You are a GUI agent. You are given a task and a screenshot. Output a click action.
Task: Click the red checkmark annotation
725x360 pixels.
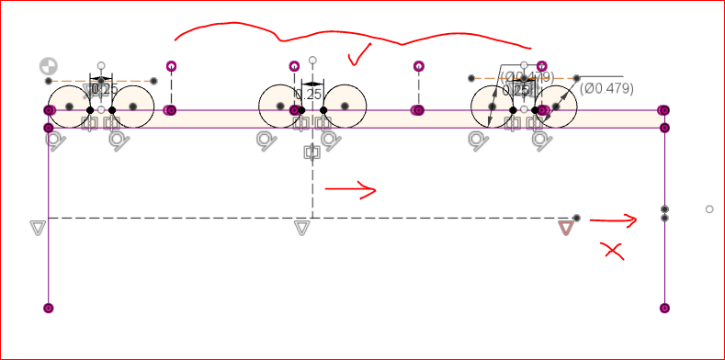(x=357, y=54)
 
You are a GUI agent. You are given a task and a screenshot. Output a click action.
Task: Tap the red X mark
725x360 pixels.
(x=611, y=250)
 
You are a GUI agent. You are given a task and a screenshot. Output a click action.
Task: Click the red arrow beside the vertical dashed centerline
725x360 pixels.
(x=350, y=190)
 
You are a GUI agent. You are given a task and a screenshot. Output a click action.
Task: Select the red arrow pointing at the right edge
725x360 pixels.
(x=612, y=219)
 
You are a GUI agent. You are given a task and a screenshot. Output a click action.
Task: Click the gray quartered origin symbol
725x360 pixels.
(x=48, y=66)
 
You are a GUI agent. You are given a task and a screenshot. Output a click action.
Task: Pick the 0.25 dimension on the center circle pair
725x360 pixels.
(x=309, y=95)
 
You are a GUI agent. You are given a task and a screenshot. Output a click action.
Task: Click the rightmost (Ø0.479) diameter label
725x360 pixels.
(x=606, y=88)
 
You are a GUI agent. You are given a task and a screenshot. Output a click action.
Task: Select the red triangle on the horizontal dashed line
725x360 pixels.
(x=566, y=227)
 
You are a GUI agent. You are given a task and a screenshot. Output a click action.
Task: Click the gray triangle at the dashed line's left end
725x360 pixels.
(x=37, y=227)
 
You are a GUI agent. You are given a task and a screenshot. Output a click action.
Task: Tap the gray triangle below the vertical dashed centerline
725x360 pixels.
(x=301, y=227)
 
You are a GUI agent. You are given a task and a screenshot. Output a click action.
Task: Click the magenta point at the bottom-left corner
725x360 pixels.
(x=48, y=308)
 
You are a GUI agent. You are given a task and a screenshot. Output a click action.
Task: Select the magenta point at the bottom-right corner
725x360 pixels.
(x=664, y=308)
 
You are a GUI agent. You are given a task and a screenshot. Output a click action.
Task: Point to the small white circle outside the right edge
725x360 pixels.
(x=709, y=209)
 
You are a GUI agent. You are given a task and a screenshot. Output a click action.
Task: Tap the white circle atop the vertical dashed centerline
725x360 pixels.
(x=312, y=60)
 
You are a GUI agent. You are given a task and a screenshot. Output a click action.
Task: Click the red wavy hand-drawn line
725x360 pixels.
(x=349, y=36)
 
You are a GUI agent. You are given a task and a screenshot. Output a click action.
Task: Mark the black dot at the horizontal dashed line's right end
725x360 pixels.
(x=576, y=218)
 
